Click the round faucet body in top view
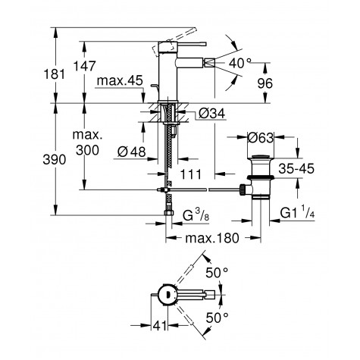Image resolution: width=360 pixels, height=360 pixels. click(165, 294)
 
